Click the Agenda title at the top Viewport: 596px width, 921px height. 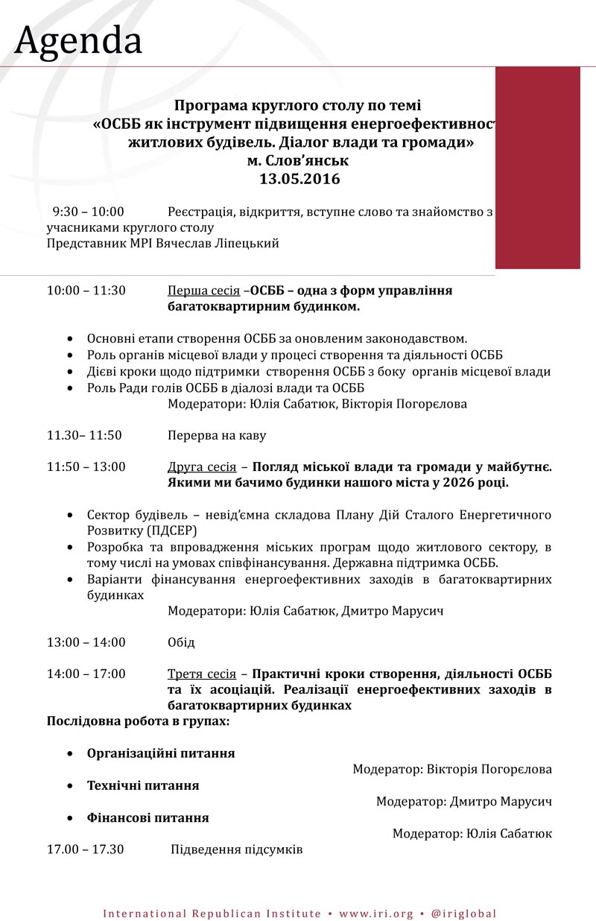[78, 41]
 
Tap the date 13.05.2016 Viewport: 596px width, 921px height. [299, 179]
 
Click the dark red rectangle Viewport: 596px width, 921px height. [537, 168]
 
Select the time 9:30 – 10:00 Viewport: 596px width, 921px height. [88, 212]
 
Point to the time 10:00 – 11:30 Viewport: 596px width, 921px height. [86, 291]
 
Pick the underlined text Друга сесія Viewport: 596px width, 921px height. [202, 467]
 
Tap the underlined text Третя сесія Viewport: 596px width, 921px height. [202, 674]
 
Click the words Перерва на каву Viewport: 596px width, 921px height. [217, 435]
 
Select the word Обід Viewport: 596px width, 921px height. [181, 642]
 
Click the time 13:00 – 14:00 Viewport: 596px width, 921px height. [86, 642]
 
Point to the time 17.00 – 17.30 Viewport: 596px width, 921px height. [86, 849]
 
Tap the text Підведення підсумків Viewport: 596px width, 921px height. [237, 849]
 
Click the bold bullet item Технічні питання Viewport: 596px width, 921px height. [143, 785]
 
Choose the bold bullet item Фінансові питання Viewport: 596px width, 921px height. [148, 817]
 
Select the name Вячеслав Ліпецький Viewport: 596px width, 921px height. [218, 244]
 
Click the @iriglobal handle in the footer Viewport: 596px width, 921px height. [463, 914]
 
